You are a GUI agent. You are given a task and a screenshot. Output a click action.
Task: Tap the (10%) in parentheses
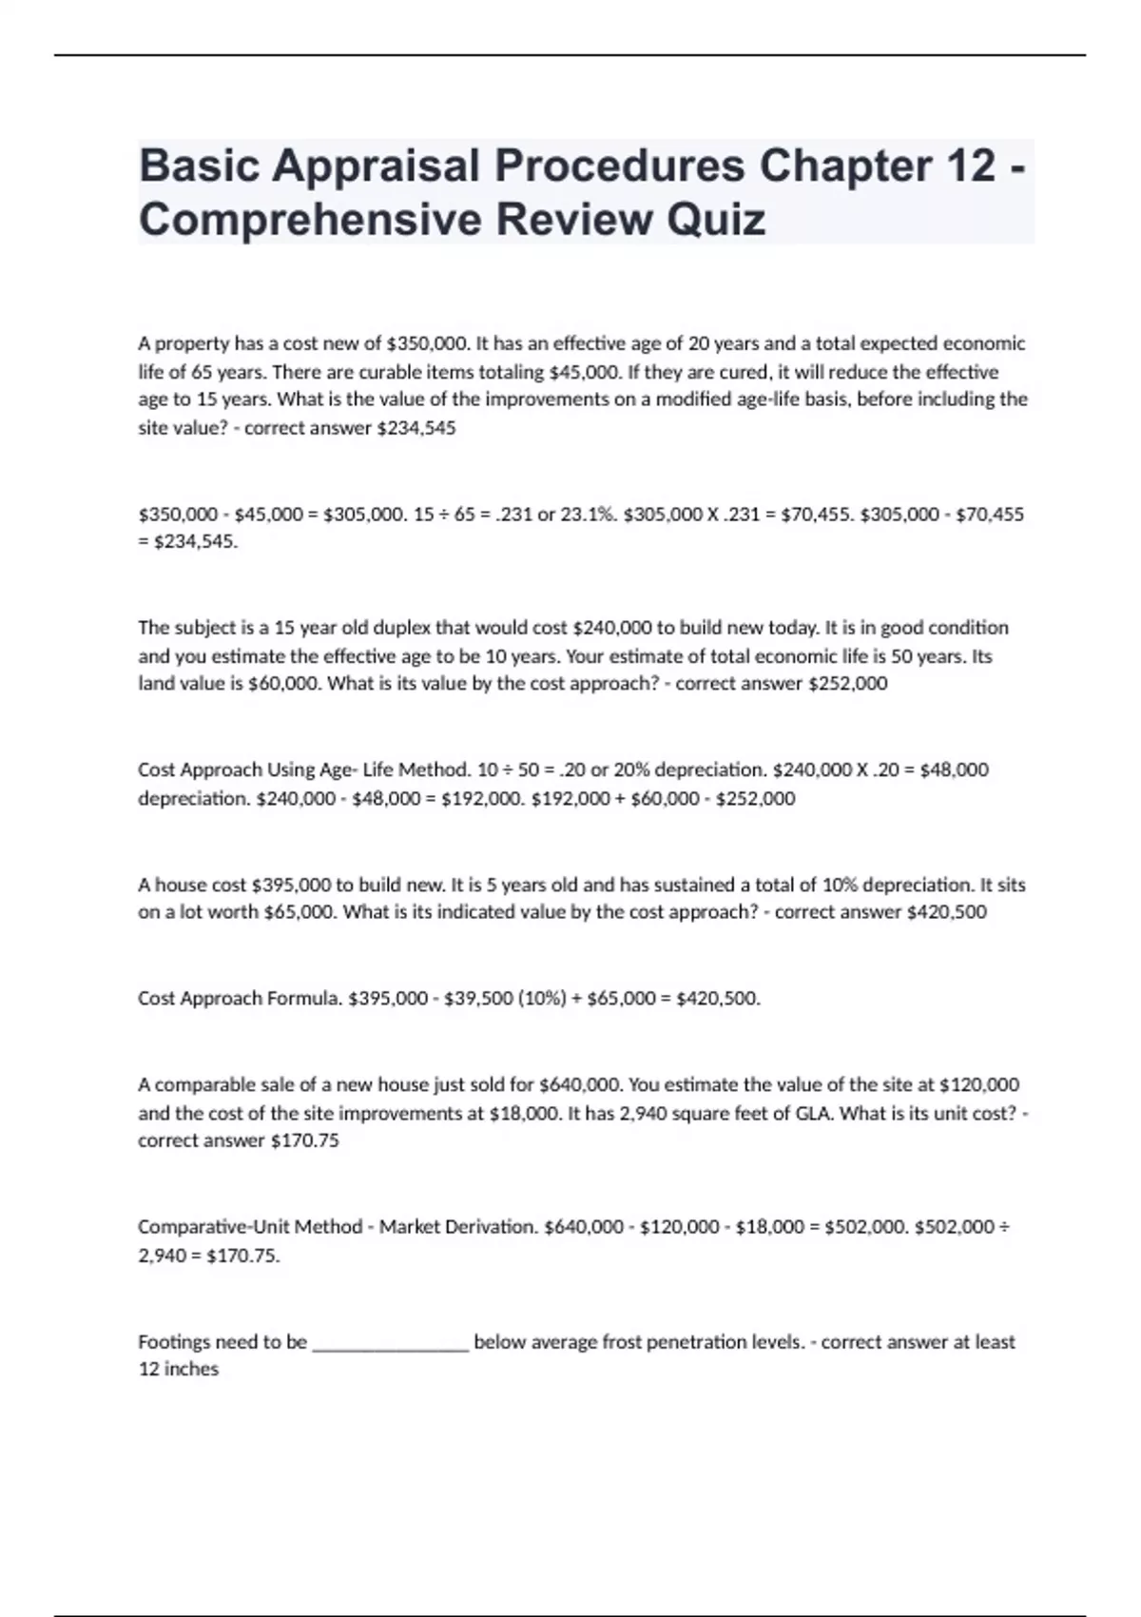click(x=542, y=998)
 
